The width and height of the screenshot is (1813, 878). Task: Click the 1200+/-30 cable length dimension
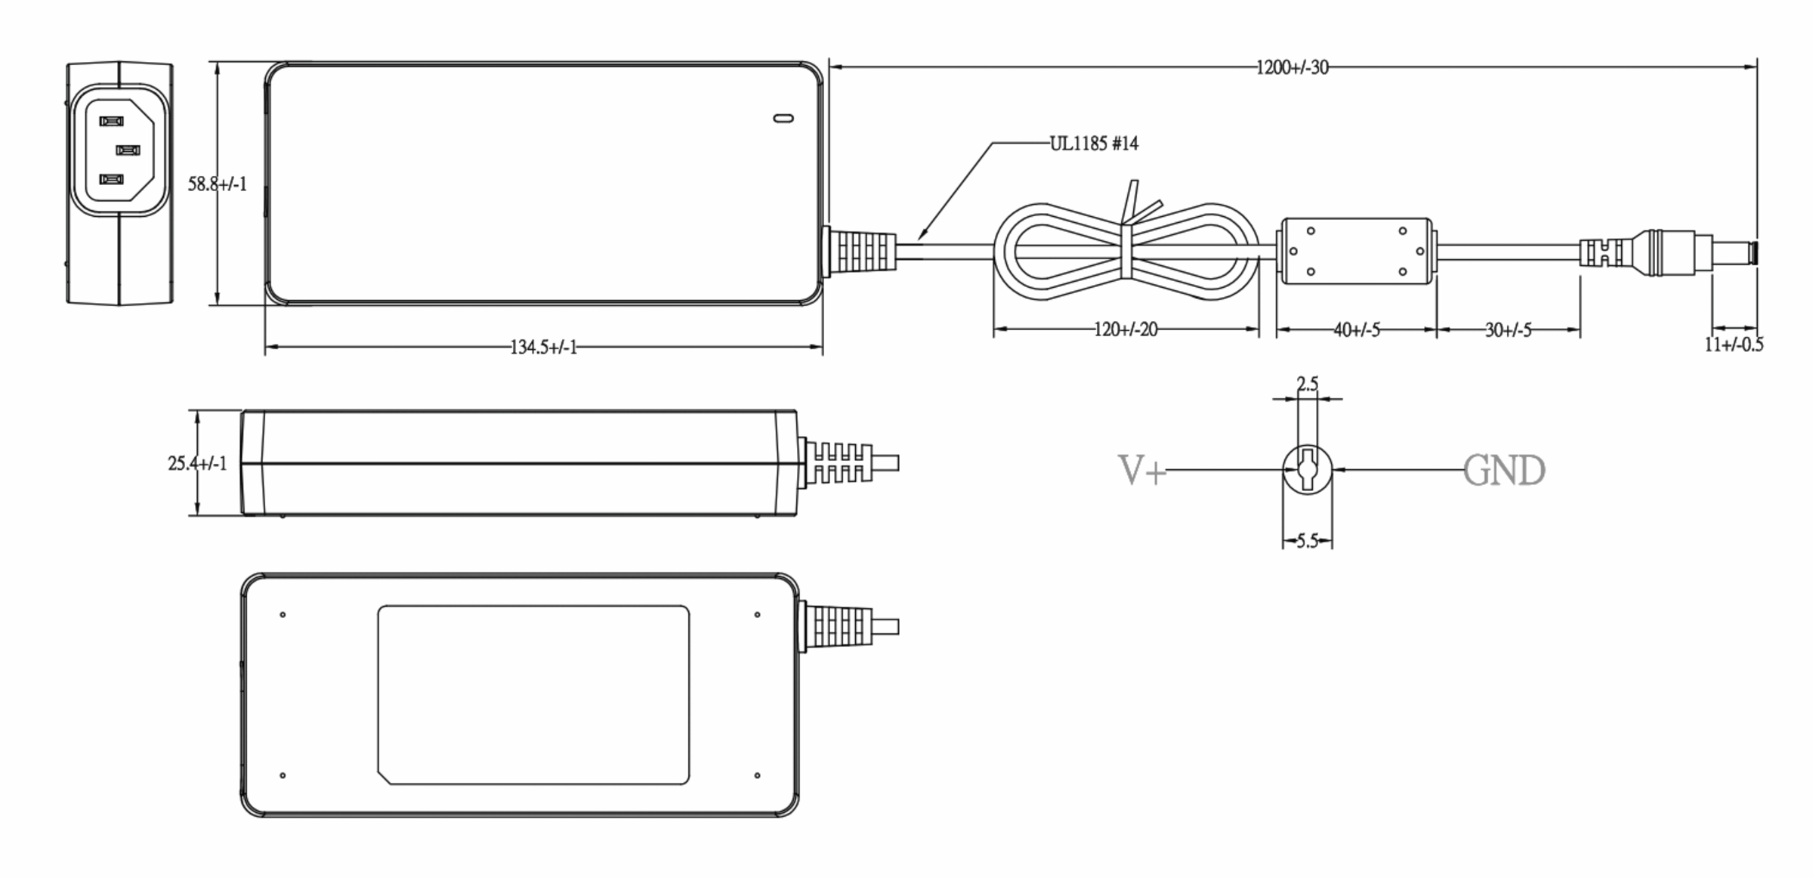coord(1292,67)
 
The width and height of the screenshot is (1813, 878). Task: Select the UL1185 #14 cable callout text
coord(1094,143)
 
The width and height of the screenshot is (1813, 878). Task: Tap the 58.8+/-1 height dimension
coord(217,184)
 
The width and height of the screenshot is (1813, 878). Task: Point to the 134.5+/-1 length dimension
coord(543,347)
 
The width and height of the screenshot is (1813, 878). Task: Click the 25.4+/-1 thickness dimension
coord(197,463)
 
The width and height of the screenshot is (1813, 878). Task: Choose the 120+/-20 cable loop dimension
coord(1126,329)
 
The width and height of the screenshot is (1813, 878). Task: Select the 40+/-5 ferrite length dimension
coord(1357,330)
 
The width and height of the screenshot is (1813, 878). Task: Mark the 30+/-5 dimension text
coord(1509,330)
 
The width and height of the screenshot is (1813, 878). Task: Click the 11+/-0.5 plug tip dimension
coord(1734,345)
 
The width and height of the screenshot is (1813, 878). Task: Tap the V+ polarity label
coord(1141,471)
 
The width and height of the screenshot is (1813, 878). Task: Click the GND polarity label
coord(1504,471)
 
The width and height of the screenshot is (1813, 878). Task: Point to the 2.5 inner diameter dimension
coord(1308,385)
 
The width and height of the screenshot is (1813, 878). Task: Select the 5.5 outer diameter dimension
coord(1308,541)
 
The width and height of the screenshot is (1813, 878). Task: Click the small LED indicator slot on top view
coord(783,118)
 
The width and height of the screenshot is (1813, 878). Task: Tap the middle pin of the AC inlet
coord(128,150)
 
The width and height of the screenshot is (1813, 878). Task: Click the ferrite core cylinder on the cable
coord(1356,251)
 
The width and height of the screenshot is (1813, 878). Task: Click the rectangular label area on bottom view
coord(533,694)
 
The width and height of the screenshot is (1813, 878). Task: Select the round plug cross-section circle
coord(1308,469)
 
